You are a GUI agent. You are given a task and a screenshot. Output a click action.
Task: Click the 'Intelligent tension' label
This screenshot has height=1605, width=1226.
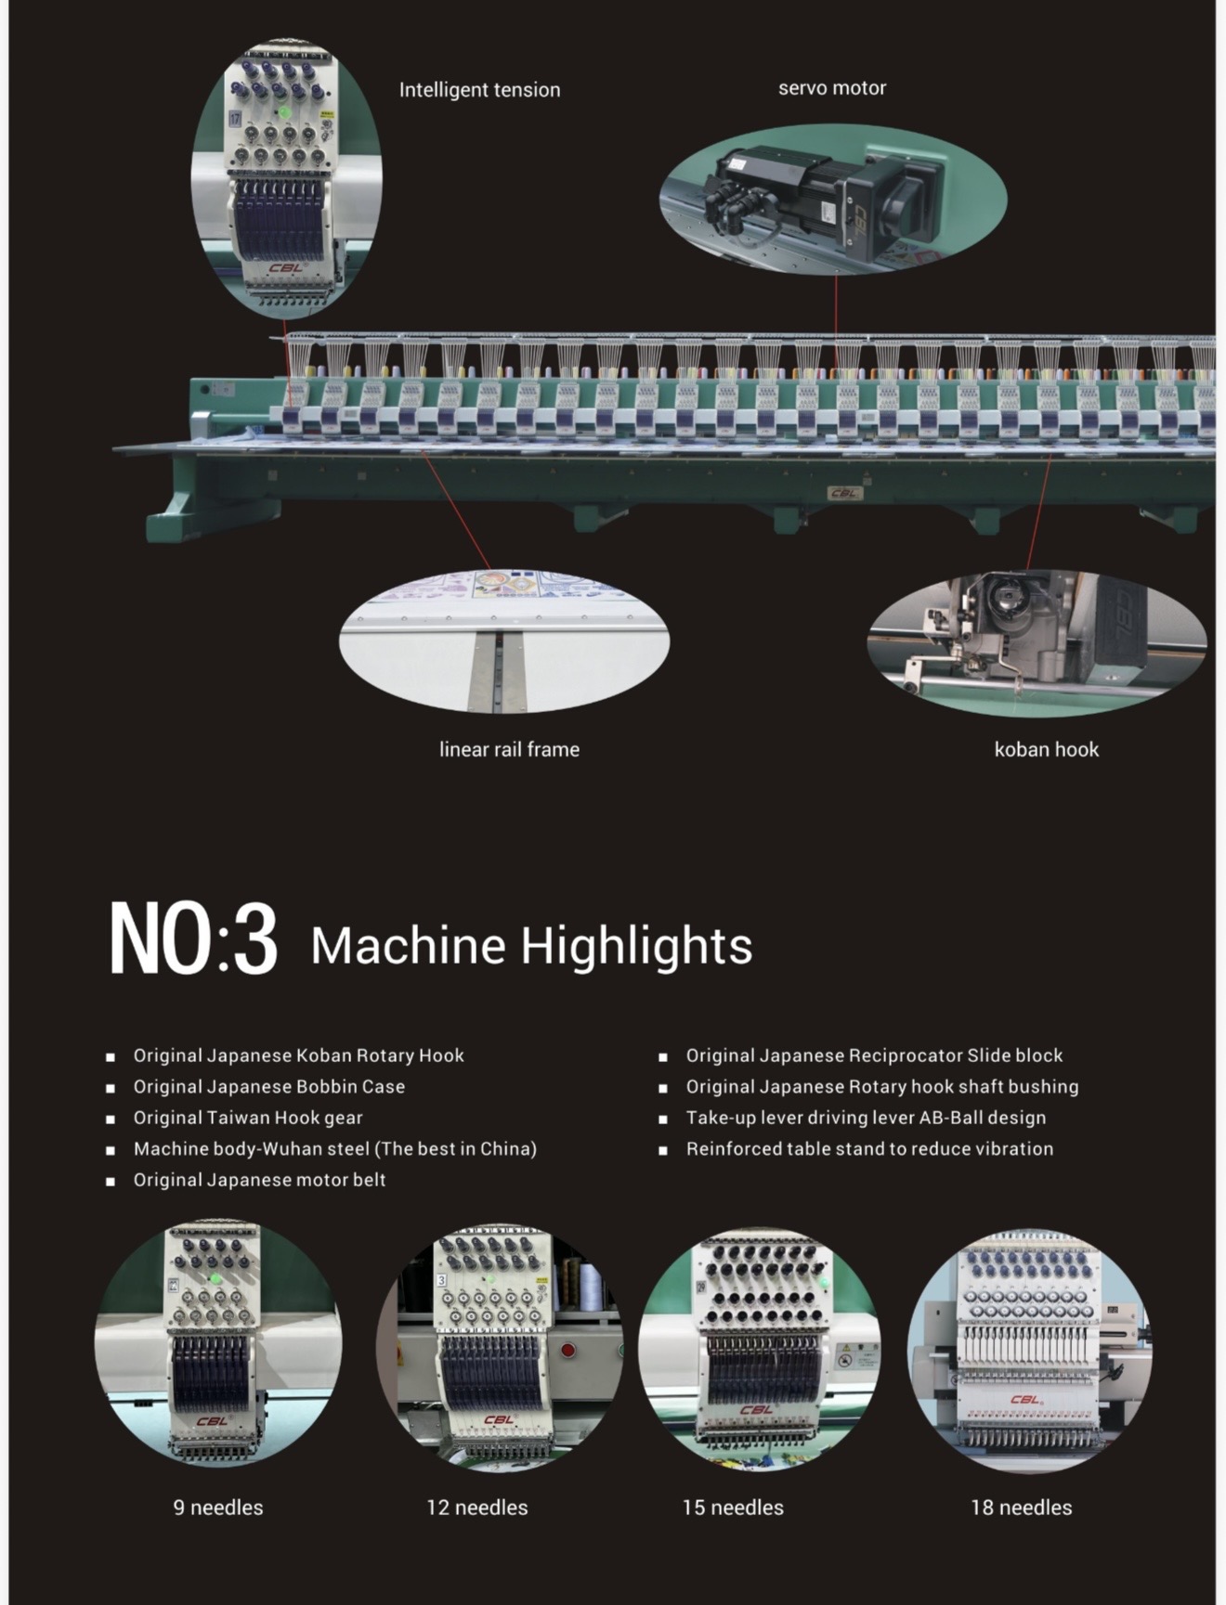479,90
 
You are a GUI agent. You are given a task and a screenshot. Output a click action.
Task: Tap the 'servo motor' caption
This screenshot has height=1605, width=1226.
832,88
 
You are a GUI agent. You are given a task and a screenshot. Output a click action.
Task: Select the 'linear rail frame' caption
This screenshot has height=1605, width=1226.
509,749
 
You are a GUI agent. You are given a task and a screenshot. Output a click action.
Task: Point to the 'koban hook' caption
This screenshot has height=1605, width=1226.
1046,749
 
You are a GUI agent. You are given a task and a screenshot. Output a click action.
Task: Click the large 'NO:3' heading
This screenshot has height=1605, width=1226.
193,938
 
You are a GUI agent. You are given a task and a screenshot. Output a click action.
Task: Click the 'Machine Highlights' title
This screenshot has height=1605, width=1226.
531,945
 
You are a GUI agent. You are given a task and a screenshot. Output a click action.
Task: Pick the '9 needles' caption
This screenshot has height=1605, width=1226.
218,1508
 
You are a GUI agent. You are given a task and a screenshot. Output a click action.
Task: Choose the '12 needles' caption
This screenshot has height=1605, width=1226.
476,1508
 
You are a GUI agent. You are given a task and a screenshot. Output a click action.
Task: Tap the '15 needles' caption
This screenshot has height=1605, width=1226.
733,1508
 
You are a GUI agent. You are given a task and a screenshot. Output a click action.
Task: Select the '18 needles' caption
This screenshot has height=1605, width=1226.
1021,1508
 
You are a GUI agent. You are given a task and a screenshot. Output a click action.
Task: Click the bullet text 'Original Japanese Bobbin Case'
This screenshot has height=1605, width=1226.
269,1086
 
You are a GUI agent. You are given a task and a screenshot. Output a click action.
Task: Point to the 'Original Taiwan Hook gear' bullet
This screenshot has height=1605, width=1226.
248,1118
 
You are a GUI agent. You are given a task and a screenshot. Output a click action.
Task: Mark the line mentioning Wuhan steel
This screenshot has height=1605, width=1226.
335,1149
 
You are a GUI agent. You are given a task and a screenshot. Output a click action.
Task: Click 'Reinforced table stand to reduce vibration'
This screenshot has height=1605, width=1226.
869,1149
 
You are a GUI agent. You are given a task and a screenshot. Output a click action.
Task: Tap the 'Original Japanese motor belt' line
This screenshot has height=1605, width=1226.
259,1180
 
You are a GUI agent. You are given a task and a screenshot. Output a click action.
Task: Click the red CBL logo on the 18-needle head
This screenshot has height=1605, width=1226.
1026,1400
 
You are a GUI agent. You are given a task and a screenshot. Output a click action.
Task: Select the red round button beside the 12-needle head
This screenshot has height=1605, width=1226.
568,1350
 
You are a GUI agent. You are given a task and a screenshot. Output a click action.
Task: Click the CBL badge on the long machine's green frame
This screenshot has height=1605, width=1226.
843,493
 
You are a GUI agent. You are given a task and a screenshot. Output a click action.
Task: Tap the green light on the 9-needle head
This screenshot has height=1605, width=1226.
215,1278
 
